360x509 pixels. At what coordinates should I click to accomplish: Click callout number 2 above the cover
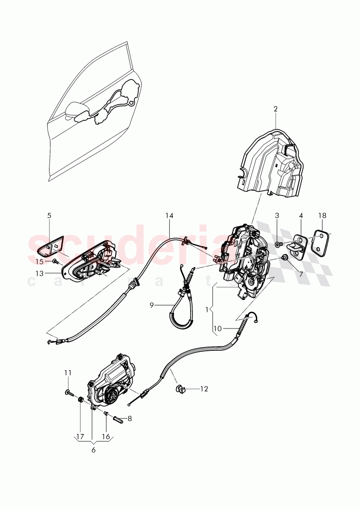click(275, 109)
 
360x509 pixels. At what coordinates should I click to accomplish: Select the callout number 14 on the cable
click(169, 215)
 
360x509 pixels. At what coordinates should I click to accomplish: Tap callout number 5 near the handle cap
click(49, 215)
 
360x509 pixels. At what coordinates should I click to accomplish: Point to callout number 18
click(322, 216)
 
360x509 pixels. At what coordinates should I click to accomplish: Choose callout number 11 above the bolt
click(68, 372)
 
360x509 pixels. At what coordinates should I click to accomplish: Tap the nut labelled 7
click(285, 257)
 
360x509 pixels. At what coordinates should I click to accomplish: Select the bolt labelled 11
click(68, 393)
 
